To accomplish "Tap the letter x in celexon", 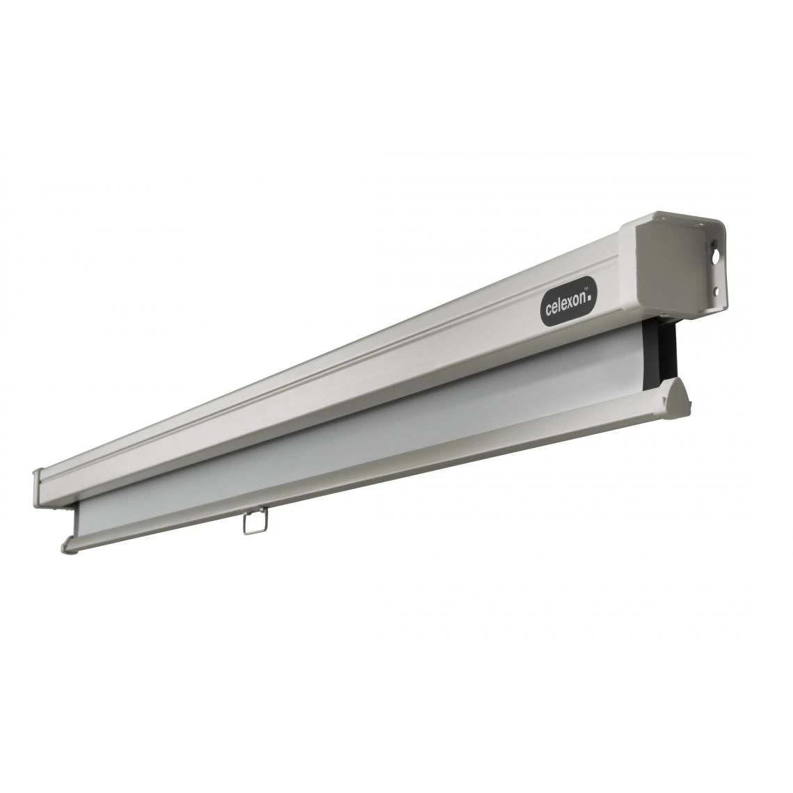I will (568, 304).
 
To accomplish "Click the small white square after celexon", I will (589, 297).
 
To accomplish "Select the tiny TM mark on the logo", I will (585, 289).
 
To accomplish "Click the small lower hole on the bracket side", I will (716, 291).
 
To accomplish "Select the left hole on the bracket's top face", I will (663, 218).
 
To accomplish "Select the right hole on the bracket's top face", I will (700, 224).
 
